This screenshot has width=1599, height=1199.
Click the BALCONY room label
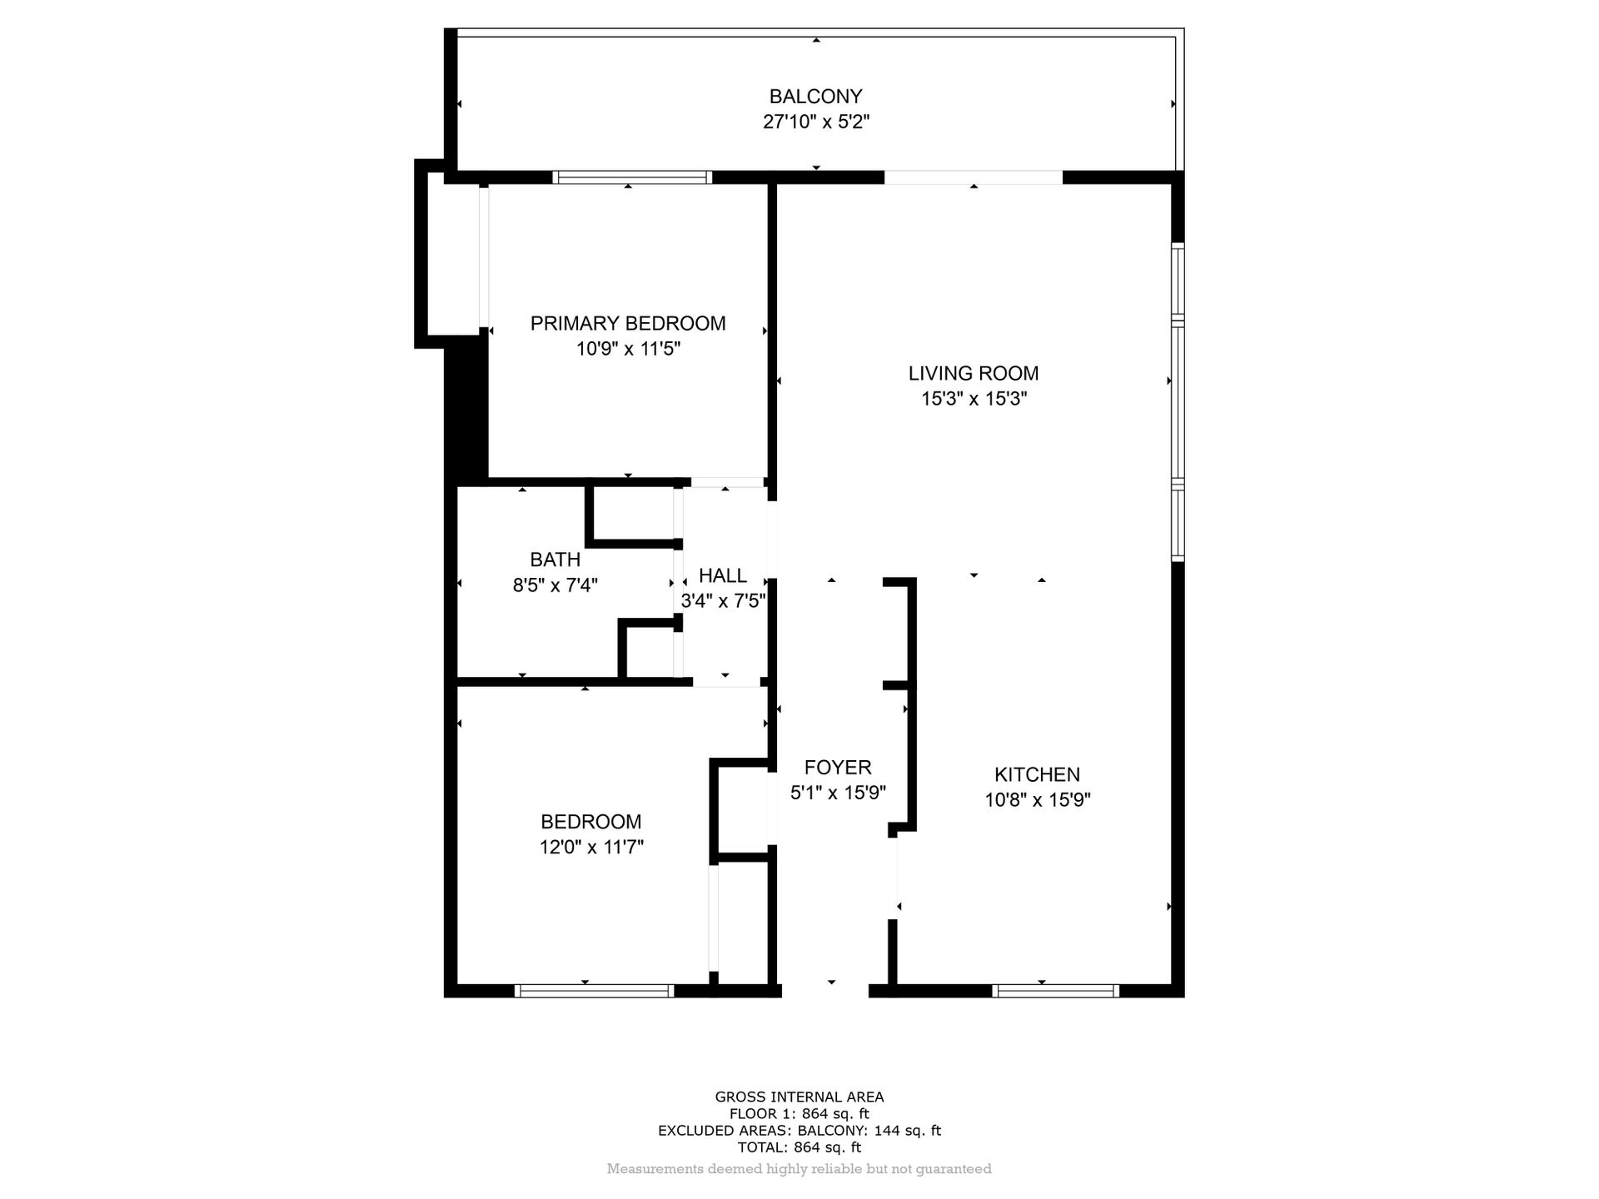coord(815,97)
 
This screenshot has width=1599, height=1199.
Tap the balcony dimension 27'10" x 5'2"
coord(815,122)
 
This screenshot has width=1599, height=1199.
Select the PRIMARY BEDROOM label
coord(628,323)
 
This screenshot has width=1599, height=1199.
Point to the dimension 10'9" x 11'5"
coord(628,349)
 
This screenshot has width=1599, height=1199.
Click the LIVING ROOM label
coord(973,373)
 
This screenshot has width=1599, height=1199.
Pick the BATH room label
coord(555,560)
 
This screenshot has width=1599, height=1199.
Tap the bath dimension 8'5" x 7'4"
coord(555,585)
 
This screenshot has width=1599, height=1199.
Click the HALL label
coord(722,575)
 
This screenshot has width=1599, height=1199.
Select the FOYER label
coord(837,767)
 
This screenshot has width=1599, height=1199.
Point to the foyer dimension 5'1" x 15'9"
coord(837,793)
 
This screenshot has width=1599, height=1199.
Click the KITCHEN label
coord(1037,774)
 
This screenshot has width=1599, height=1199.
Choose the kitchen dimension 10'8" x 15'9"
coord(1037,800)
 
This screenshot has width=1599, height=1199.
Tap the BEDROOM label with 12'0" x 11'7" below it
coord(590,822)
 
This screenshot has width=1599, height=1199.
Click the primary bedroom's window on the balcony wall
coord(632,177)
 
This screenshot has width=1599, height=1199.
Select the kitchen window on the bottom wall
coord(1056,991)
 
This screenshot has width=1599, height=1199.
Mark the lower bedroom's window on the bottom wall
coord(594,991)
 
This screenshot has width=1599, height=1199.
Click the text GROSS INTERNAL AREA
coord(799,1097)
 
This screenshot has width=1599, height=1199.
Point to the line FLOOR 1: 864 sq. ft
coord(799,1114)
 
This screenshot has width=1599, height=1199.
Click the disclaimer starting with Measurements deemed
coord(799,1169)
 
